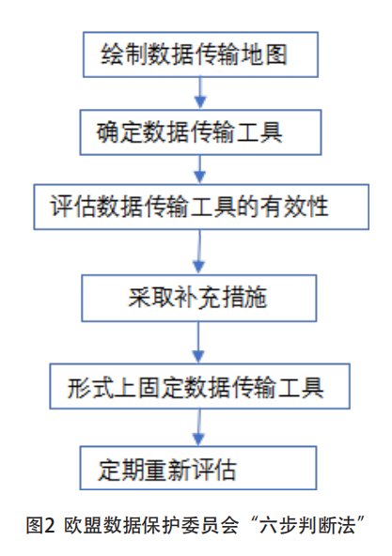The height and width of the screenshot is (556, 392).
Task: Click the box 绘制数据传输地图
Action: point(200,54)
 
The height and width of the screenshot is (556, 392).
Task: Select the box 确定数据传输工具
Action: point(200,132)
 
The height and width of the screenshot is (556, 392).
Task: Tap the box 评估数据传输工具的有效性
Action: point(201,207)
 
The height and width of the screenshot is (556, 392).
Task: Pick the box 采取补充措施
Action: point(199,299)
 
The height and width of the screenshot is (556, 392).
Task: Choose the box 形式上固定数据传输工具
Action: point(199,386)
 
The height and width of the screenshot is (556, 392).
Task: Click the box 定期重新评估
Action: point(198,468)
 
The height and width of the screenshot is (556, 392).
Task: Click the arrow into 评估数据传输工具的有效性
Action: point(200,169)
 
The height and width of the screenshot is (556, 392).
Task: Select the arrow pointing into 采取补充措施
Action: point(199,252)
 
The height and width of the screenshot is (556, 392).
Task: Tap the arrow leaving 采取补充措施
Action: point(198,343)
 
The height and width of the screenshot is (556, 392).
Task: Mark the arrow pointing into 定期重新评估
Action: point(198,427)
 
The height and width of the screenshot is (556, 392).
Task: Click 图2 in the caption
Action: point(40,525)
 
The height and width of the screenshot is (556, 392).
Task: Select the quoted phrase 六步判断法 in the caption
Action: point(307,525)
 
